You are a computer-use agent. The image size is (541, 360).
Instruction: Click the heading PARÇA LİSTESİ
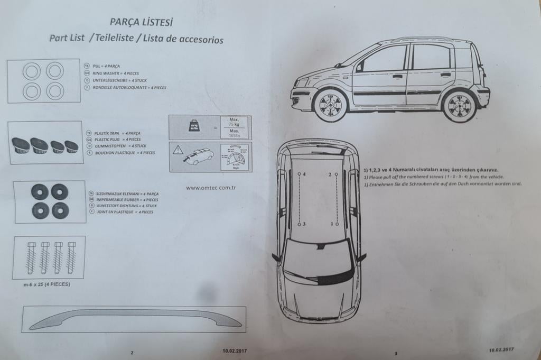141,22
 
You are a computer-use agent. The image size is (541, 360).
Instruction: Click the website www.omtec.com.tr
210,187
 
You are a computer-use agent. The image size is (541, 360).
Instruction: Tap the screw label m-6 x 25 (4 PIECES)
46,284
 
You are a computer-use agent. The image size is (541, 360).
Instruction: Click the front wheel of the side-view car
330,104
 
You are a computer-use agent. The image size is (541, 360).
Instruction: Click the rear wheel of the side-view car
459,105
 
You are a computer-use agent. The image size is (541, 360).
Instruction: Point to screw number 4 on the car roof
299,173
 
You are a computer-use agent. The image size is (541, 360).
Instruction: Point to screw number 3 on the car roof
299,224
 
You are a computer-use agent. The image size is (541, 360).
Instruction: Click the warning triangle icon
178,150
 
